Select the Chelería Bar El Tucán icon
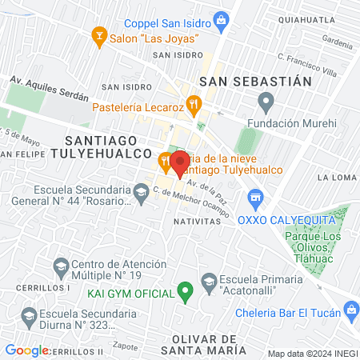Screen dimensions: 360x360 tap(350, 309)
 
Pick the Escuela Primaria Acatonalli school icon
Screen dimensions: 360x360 tap(209, 281)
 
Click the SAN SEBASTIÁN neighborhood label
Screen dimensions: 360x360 tap(254, 81)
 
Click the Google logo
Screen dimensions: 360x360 tap(26, 350)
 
